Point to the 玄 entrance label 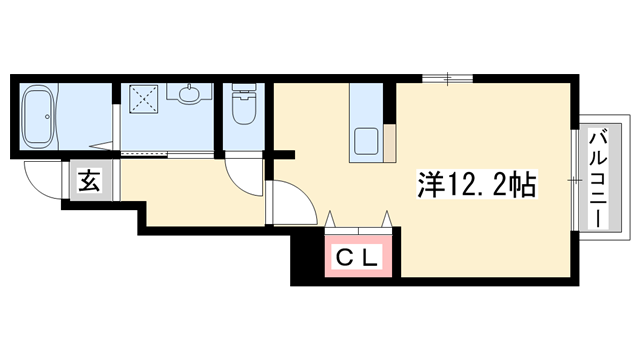(88, 182)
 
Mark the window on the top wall (447, 77)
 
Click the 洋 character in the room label (429, 185)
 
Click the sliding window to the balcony (576, 178)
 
